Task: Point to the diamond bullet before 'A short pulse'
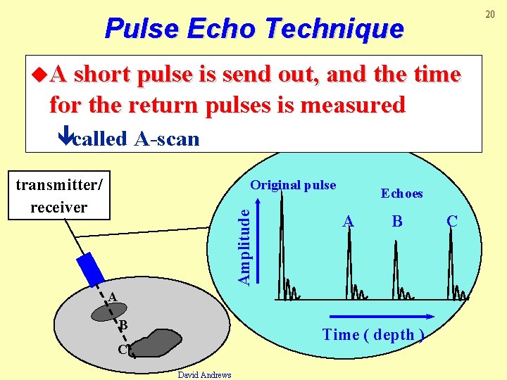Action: coord(40,74)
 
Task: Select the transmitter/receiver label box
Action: coord(59,196)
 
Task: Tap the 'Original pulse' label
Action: coord(293,185)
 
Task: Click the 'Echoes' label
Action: coord(401,193)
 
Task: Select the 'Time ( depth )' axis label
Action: coord(373,335)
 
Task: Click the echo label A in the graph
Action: coord(347,222)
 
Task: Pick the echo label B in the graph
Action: coord(397,222)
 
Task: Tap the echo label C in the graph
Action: coord(452,222)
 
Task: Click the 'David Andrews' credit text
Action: coord(205,374)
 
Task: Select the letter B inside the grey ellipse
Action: coord(123,325)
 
